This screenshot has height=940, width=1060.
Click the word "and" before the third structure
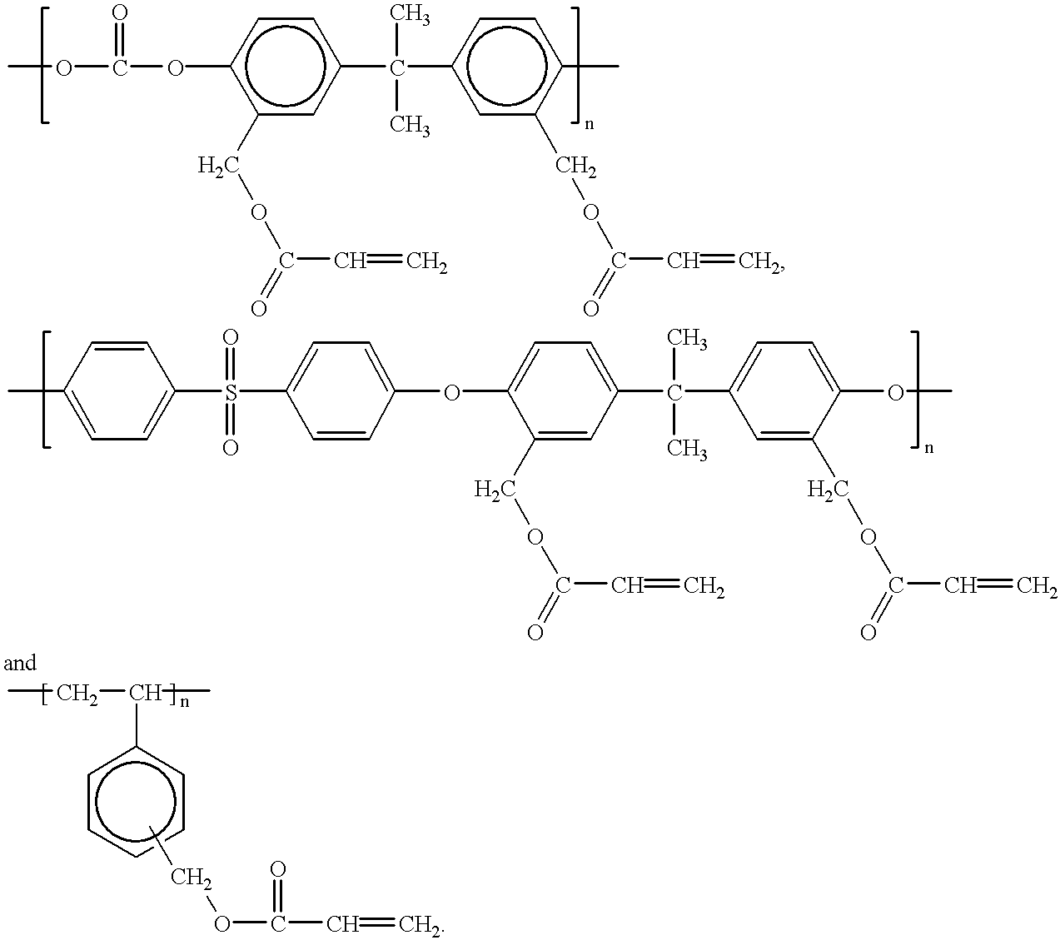click(20, 664)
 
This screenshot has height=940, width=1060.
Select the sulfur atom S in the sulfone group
click(231, 391)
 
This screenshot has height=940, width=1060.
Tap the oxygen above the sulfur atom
click(231, 338)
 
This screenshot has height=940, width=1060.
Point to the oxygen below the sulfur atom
click(231, 447)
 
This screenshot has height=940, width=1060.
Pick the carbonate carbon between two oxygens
click(120, 67)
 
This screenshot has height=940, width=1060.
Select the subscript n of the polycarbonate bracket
click(590, 126)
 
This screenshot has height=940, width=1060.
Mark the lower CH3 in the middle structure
click(688, 450)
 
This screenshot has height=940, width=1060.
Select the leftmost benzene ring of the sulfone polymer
click(119, 390)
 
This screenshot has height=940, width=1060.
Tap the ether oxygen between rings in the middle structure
click(450, 391)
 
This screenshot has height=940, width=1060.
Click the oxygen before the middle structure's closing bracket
click(895, 391)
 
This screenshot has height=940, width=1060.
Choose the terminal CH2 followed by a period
click(421, 923)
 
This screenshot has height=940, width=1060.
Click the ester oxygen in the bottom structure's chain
click(221, 923)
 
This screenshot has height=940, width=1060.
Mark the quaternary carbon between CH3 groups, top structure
click(397, 67)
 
